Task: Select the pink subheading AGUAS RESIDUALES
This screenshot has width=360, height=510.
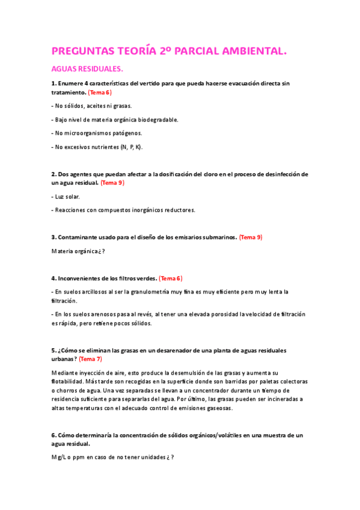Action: tap(87, 70)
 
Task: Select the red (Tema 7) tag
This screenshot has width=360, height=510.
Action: tap(91, 358)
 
